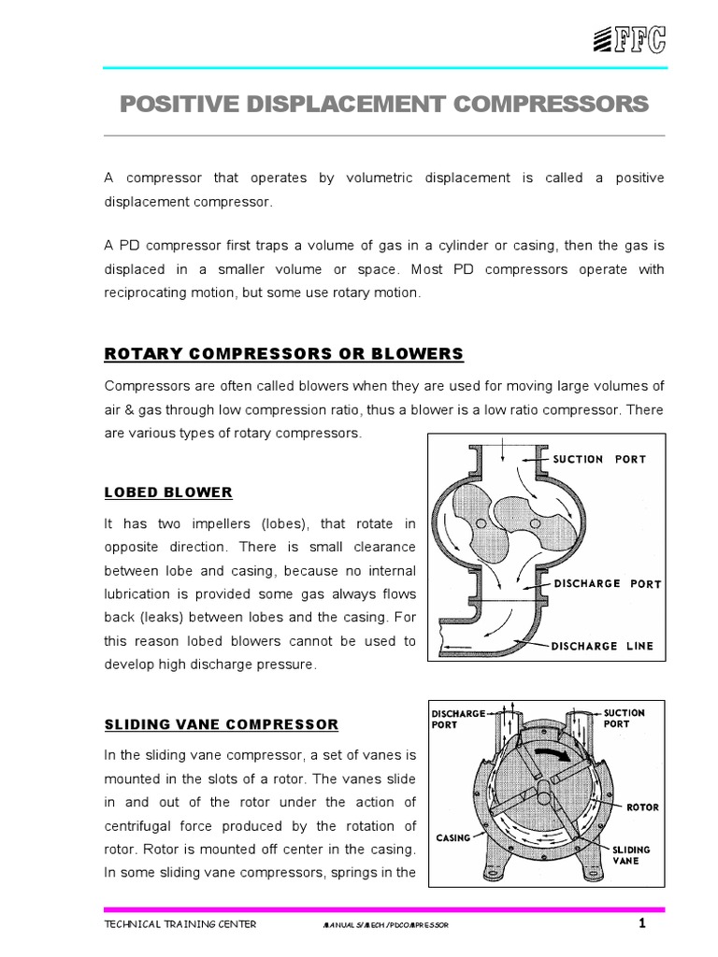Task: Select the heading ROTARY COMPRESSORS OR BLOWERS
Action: click(282, 353)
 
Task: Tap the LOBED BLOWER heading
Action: click(167, 492)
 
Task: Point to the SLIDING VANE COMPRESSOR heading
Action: click(220, 724)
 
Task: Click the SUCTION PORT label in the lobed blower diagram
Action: click(599, 459)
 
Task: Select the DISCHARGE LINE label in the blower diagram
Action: click(603, 645)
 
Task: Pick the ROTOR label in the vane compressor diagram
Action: click(642, 805)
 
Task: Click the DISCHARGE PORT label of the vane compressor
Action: click(457, 719)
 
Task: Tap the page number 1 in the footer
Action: click(642, 924)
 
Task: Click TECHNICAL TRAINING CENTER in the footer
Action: click(179, 924)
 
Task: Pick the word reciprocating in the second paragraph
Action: click(159, 293)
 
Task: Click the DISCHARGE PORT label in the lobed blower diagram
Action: click(606, 584)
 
